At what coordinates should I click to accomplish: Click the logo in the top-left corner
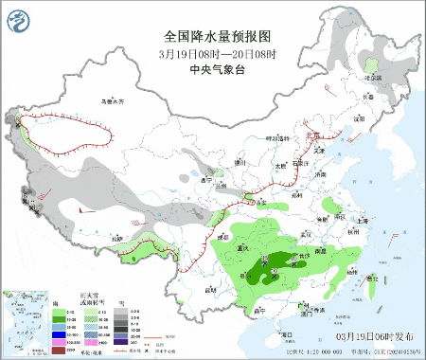[18, 16]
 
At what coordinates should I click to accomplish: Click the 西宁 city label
[207, 177]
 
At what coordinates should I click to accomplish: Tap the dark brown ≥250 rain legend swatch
[58, 350]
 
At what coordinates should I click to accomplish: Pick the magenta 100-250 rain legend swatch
[58, 342]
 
